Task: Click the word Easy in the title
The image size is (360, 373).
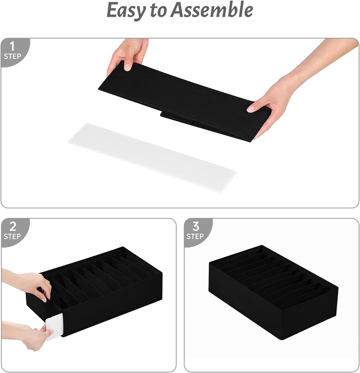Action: (126, 10)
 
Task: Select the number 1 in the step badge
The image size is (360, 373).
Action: (12, 47)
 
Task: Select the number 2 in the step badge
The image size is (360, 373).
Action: (13, 227)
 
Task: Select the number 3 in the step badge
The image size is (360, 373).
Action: (196, 227)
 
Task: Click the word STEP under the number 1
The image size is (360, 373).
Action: (12, 57)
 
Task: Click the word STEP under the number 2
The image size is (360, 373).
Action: (12, 237)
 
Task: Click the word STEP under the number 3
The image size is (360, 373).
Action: (195, 237)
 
